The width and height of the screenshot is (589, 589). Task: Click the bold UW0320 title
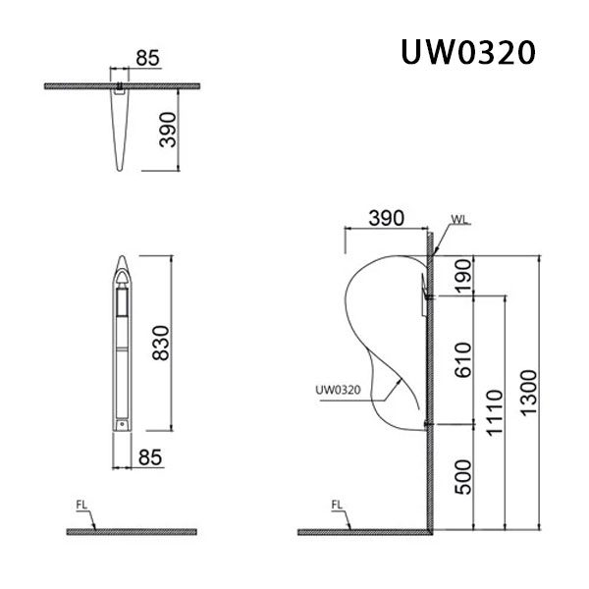[x=466, y=51]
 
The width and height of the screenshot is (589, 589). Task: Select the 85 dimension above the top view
[x=147, y=58]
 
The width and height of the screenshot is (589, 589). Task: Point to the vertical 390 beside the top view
[x=168, y=129]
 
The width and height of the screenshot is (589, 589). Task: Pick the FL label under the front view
[x=81, y=508]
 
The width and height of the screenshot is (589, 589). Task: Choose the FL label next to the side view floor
[x=337, y=508]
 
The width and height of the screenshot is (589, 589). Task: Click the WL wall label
[x=459, y=220]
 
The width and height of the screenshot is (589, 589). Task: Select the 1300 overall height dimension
[x=529, y=393]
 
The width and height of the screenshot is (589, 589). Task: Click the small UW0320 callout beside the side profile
[x=340, y=389]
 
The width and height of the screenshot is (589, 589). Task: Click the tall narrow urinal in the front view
[x=122, y=344]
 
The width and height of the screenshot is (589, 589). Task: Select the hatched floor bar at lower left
[x=131, y=531]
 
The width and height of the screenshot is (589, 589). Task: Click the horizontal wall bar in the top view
[x=69, y=85]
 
